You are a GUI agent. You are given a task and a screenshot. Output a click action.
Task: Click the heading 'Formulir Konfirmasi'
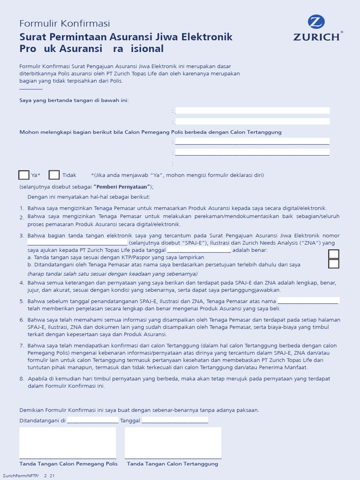(64, 23)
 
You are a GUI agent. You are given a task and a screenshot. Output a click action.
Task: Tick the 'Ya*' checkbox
(24, 175)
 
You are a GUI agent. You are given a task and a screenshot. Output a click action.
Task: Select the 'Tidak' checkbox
(54, 175)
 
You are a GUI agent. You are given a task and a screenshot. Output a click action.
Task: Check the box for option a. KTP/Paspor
(334, 254)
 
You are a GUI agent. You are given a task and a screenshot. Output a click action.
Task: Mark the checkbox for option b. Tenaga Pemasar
(334, 264)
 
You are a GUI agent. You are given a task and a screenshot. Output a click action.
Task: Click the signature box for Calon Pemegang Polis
(67, 442)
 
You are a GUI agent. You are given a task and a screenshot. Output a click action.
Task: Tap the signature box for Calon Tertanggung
(173, 442)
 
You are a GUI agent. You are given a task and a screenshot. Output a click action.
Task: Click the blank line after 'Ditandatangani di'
(93, 421)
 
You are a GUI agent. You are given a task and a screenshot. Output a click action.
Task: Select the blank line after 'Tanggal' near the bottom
(175, 421)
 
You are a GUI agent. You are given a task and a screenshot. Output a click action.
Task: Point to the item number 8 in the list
(22, 378)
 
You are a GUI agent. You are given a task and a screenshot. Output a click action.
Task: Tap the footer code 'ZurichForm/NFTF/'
(21, 475)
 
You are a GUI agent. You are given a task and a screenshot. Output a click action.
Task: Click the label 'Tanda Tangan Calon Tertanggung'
(172, 464)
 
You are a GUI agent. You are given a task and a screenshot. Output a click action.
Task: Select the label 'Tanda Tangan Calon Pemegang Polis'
(68, 464)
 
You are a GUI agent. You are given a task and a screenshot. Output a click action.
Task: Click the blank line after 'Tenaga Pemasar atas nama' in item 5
(308, 301)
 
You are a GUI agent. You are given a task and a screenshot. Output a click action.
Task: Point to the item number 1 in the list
(22, 208)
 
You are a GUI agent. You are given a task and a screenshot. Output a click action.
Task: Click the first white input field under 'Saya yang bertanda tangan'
(252, 111)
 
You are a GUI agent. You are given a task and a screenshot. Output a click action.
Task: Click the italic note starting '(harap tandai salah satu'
(112, 274)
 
